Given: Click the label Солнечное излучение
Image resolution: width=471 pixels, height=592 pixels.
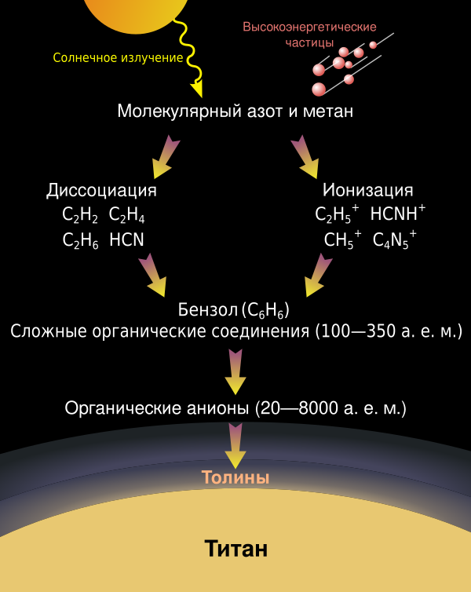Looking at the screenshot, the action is pyautogui.click(x=118, y=58).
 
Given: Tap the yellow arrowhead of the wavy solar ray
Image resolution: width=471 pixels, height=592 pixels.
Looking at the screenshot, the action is pyautogui.click(x=197, y=90).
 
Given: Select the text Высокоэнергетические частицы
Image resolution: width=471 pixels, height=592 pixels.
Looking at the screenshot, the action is pyautogui.click(x=309, y=35).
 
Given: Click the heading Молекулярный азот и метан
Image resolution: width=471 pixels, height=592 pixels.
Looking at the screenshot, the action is pyautogui.click(x=235, y=111).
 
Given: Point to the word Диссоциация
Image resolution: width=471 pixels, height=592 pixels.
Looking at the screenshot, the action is pyautogui.click(x=101, y=190).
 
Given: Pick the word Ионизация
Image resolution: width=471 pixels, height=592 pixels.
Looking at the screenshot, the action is pyautogui.click(x=367, y=190).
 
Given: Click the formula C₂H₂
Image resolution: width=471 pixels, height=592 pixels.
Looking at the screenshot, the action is pyautogui.click(x=80, y=215).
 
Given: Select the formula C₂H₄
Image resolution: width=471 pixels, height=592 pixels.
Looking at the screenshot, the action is pyautogui.click(x=127, y=215).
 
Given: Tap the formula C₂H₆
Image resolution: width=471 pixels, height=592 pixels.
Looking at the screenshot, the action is pyautogui.click(x=80, y=240).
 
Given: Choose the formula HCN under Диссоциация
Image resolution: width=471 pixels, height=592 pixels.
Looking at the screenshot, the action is pyautogui.click(x=127, y=239).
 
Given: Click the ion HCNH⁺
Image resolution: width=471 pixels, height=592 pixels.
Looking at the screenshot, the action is pyautogui.click(x=398, y=213).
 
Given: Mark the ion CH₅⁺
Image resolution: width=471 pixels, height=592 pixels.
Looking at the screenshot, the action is pyautogui.click(x=343, y=239).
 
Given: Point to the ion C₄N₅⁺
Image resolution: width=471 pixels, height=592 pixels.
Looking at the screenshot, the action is pyautogui.click(x=395, y=239).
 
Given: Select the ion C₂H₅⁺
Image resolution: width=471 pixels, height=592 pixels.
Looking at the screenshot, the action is pyautogui.click(x=337, y=214).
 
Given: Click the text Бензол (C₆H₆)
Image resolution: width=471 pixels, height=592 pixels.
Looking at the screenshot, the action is pyautogui.click(x=234, y=310).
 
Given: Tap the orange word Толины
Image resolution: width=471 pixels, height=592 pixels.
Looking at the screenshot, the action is pyautogui.click(x=235, y=477).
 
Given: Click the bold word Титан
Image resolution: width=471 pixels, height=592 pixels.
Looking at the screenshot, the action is pyautogui.click(x=235, y=549).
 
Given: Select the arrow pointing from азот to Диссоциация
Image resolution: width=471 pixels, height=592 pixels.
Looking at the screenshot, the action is pyautogui.click(x=166, y=156).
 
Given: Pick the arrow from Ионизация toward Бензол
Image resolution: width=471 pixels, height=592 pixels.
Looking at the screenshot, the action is pyautogui.click(x=318, y=275).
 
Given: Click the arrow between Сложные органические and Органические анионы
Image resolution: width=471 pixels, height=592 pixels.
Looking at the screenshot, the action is pyautogui.click(x=235, y=372).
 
